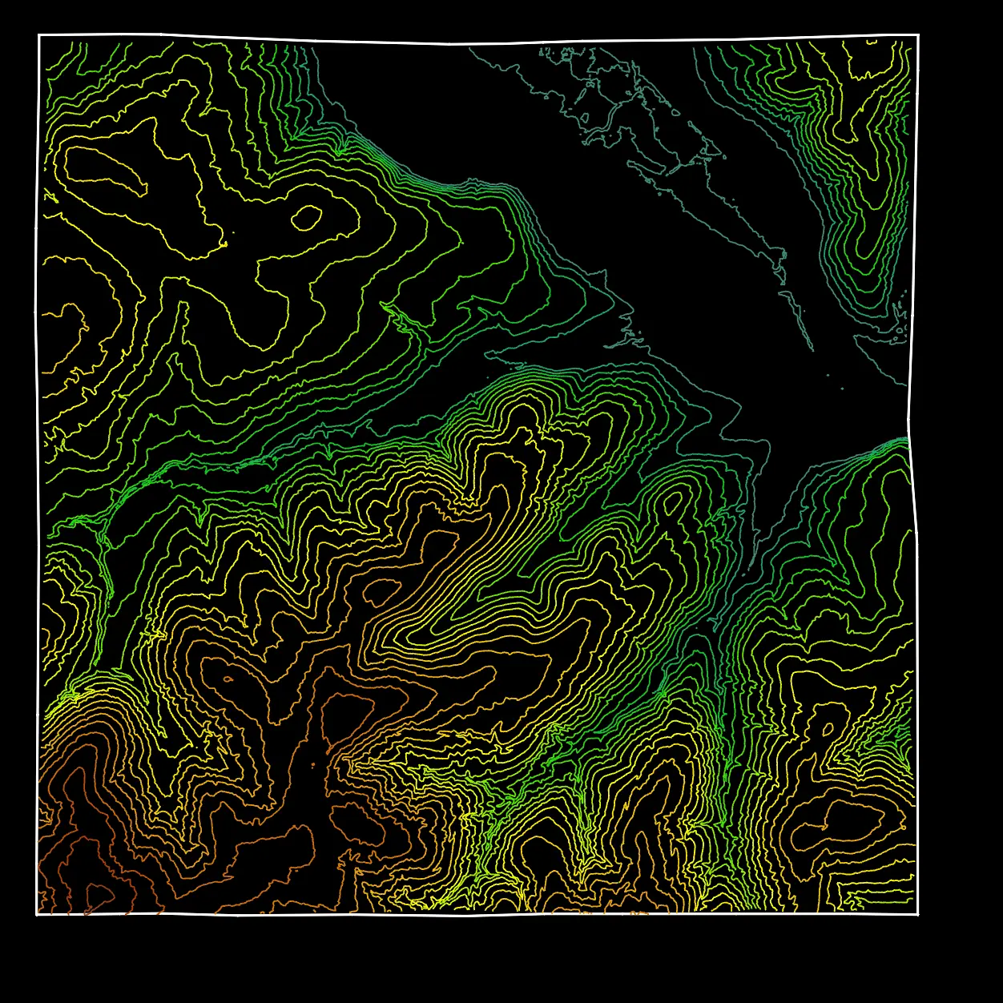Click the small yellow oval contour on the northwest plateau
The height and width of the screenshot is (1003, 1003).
[306, 217]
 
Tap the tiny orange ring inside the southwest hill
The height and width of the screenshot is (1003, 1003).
[228, 679]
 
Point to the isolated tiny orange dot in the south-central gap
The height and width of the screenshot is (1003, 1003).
[313, 766]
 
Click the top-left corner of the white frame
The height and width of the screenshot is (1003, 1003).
[39, 35]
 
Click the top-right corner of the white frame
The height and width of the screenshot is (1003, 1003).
[918, 35]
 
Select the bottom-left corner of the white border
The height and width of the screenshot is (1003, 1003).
[38, 914]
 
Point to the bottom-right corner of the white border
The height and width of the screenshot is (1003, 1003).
[917, 914]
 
